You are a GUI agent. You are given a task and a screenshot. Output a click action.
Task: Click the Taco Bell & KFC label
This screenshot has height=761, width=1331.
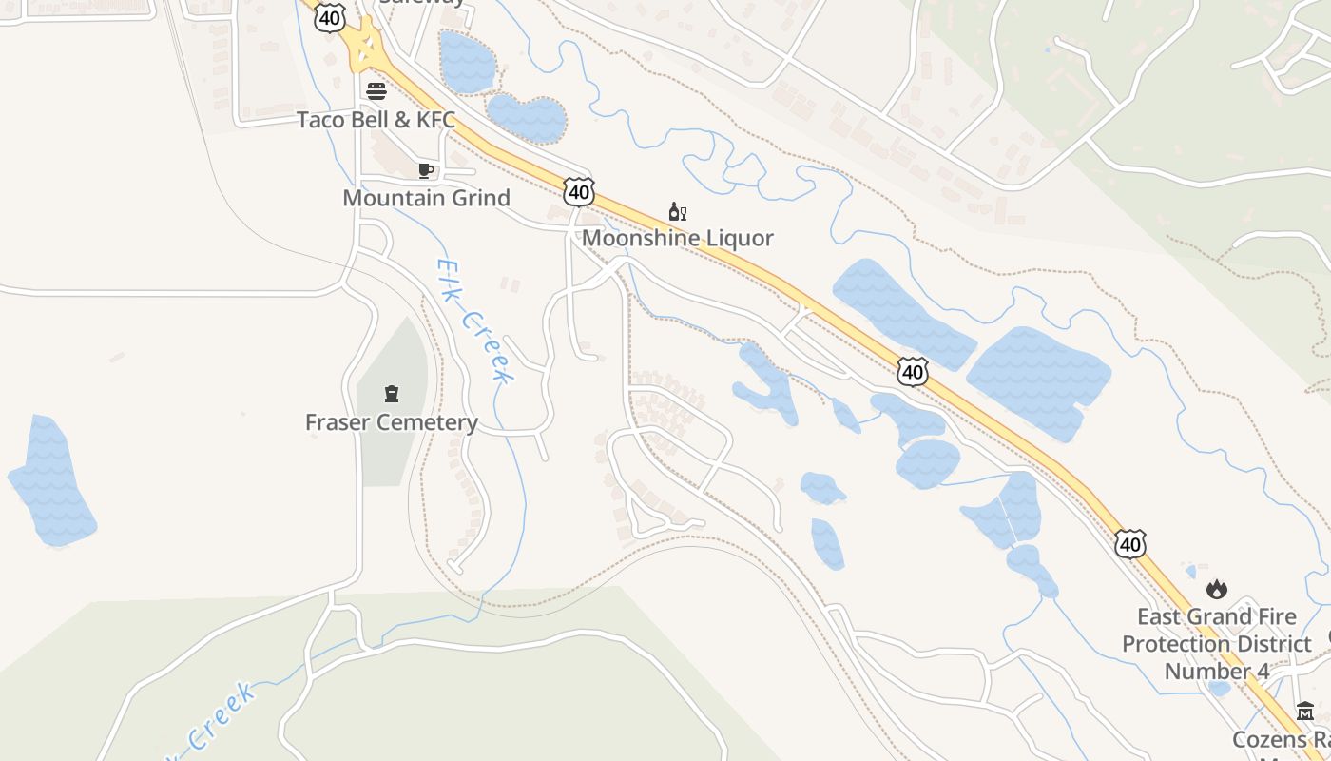coord(376,121)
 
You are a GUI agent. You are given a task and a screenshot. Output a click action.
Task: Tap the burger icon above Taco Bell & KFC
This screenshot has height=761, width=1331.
coord(376,91)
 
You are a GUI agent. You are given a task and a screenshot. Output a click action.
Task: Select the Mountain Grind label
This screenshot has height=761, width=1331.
coord(426,198)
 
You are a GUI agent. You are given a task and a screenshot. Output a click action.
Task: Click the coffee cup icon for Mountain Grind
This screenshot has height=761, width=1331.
coord(425,171)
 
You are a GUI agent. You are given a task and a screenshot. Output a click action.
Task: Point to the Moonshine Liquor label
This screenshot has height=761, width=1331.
coord(677,238)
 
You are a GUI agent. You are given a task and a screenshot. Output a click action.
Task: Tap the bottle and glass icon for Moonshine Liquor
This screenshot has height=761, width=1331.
coord(677,212)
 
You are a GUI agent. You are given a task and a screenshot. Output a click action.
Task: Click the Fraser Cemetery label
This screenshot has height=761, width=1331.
coord(391,422)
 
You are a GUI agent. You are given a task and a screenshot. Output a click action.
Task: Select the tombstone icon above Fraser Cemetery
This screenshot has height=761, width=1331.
coord(391,394)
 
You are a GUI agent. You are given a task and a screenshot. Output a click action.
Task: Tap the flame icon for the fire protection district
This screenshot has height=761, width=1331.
coord(1216,590)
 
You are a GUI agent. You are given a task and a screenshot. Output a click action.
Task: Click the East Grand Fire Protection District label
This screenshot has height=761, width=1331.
coord(1216,643)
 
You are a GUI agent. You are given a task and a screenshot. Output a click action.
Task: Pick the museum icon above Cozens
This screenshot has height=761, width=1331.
coord(1304,712)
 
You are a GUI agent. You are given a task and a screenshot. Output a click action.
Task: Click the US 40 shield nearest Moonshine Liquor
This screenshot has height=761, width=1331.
coord(578,191)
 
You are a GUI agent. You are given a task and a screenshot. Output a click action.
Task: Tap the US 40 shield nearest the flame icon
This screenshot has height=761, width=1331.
coord(1129,544)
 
